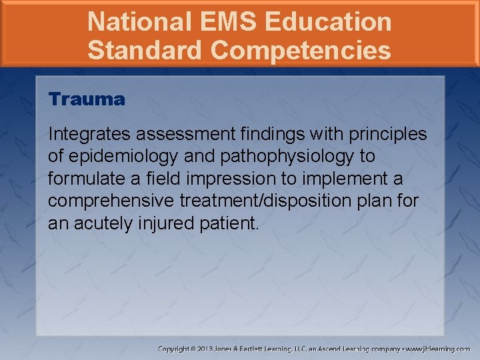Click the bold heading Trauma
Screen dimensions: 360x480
pos(87,100)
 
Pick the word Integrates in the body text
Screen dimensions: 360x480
pos(80,134)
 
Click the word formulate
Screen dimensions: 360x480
pos(79,179)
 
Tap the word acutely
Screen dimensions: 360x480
pos(103,224)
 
